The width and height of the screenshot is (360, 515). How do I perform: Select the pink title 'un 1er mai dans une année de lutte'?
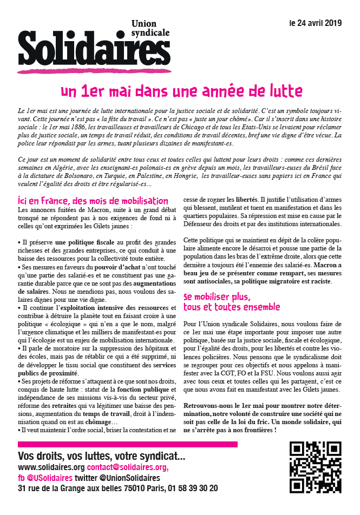pos(181,90)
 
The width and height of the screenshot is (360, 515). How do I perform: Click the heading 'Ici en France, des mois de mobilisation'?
pos(93,200)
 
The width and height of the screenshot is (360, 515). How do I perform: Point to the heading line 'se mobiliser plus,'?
pos(217,296)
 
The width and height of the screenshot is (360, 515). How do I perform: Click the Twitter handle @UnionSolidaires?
pos(132,478)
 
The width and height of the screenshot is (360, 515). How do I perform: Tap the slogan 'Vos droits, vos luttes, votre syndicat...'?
pos(101,456)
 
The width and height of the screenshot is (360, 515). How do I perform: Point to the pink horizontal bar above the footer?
pos(127,444)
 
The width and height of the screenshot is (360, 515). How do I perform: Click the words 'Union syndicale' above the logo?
pos(150,28)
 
